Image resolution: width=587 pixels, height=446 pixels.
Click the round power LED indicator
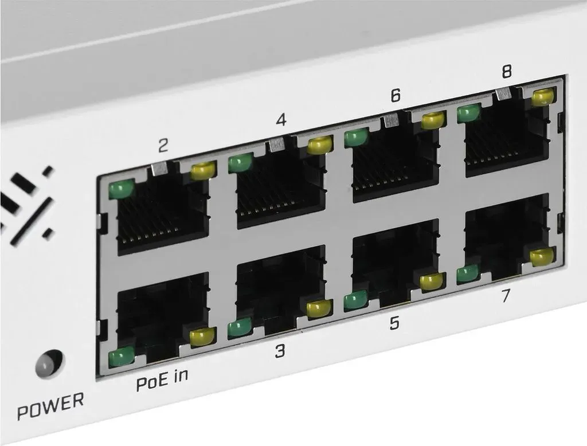pos(49,363)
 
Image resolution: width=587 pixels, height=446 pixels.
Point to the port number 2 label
pos(163,145)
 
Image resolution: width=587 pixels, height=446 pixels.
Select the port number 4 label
pos(281,119)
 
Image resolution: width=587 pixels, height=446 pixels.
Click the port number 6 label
pos(396,95)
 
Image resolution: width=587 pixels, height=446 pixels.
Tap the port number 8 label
pos(507,71)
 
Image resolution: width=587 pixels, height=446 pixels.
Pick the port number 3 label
pos(280,350)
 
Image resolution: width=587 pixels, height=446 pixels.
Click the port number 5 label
pos(394,323)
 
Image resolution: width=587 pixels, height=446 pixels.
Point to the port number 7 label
pos(506,295)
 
